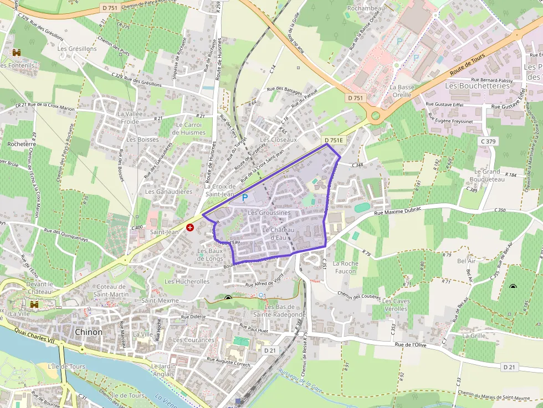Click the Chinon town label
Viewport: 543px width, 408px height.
[88, 332]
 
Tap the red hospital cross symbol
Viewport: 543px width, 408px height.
[190, 228]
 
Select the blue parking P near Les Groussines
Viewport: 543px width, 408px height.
[244, 198]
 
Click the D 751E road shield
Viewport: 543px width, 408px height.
[334, 141]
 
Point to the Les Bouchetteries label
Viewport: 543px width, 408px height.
[477, 86]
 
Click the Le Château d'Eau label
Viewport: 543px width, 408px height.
[278, 234]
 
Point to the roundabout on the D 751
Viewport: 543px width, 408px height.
[376, 116]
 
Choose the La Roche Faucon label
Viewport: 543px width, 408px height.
[346, 267]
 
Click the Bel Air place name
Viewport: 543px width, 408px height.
[467, 261]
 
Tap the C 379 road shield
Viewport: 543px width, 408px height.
[488, 141]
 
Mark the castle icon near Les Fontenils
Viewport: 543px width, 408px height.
[17, 53]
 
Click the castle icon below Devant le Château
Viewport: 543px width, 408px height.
[34, 304]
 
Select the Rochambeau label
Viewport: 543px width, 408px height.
[366, 9]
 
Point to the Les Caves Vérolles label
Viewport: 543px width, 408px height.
[396, 304]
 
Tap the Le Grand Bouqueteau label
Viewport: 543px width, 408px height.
[487, 175]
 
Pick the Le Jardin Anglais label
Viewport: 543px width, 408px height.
[163, 370]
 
